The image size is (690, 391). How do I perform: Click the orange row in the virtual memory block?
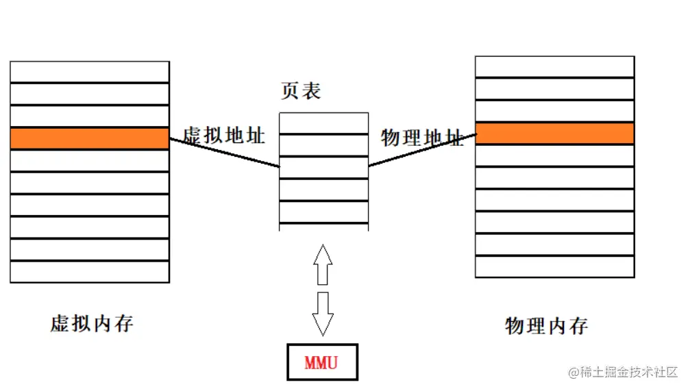tap(90, 138)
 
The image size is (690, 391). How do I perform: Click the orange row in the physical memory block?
tap(554, 133)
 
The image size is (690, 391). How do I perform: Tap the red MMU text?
tap(321, 362)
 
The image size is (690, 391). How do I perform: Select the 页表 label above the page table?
tap(301, 91)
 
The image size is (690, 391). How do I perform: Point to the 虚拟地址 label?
tap(224, 135)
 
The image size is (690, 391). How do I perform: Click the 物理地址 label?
tap(422, 138)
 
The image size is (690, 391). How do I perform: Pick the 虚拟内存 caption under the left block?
tap(92, 323)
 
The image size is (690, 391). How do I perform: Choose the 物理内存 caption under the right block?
tap(546, 325)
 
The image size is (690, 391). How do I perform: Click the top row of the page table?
tap(323, 123)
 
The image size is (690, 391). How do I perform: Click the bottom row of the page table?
tap(323, 227)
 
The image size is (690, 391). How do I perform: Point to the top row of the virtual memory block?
tap(90, 72)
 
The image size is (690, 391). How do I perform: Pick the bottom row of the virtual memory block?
tap(90, 272)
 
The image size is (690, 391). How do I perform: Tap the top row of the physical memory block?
tap(554, 67)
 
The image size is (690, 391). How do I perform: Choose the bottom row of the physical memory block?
tap(554, 266)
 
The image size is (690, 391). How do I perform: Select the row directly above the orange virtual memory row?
tap(90, 116)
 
